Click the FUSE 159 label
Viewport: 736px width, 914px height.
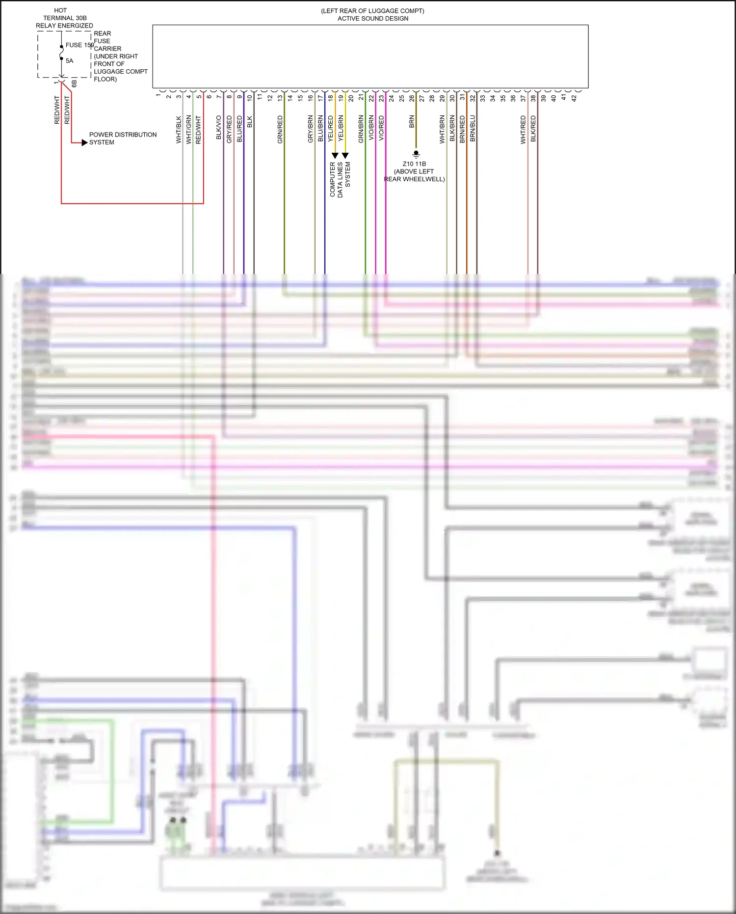click(x=79, y=45)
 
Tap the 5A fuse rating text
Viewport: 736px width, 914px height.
click(x=70, y=61)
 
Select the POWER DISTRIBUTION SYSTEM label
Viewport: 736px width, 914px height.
click(x=123, y=138)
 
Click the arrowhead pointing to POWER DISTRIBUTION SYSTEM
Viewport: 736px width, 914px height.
click(x=84, y=142)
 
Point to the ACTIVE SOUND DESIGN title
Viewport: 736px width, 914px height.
click(x=373, y=19)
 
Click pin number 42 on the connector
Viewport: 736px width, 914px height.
click(x=574, y=98)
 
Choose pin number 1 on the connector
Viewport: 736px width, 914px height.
click(x=158, y=95)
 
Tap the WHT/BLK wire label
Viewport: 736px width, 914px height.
click(x=179, y=130)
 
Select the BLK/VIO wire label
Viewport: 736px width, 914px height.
click(x=219, y=128)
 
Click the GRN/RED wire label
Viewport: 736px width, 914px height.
click(x=280, y=130)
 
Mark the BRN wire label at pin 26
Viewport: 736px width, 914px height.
click(x=412, y=122)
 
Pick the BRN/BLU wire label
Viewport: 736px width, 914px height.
click(x=473, y=129)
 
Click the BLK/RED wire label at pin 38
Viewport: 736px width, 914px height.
click(x=533, y=129)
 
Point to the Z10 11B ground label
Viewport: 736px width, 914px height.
click(x=414, y=164)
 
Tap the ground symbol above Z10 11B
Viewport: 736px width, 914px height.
click(x=416, y=154)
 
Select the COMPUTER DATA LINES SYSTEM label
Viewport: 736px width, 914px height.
click(x=340, y=179)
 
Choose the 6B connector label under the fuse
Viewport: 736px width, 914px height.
click(x=74, y=83)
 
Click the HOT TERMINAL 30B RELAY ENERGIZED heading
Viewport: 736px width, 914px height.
click(x=64, y=18)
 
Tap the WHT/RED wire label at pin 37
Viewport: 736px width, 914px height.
click(x=523, y=130)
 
